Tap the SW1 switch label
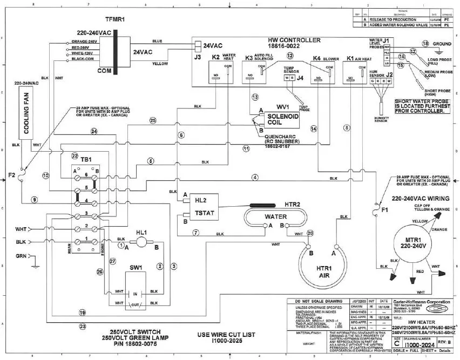[x=135, y=267]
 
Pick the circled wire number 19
[x=82, y=313]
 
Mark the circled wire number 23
[x=82, y=326]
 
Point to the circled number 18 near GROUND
[x=425, y=43]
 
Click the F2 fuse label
[x=11, y=175]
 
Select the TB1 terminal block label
[x=86, y=161]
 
